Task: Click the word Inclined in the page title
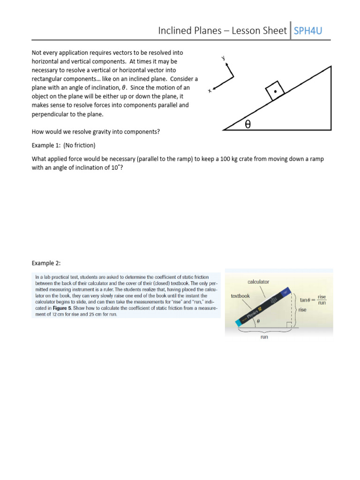pyautogui.click(x=174, y=31)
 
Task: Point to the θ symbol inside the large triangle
pyautogui.click(x=248, y=124)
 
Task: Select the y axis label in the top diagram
pyautogui.click(x=224, y=58)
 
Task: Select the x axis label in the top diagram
pyautogui.click(x=210, y=91)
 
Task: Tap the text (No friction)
pyautogui.click(x=80, y=145)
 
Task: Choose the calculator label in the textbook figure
pyautogui.click(x=258, y=282)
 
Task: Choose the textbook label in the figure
pyautogui.click(x=240, y=296)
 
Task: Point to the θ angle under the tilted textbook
pyautogui.click(x=258, y=321)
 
